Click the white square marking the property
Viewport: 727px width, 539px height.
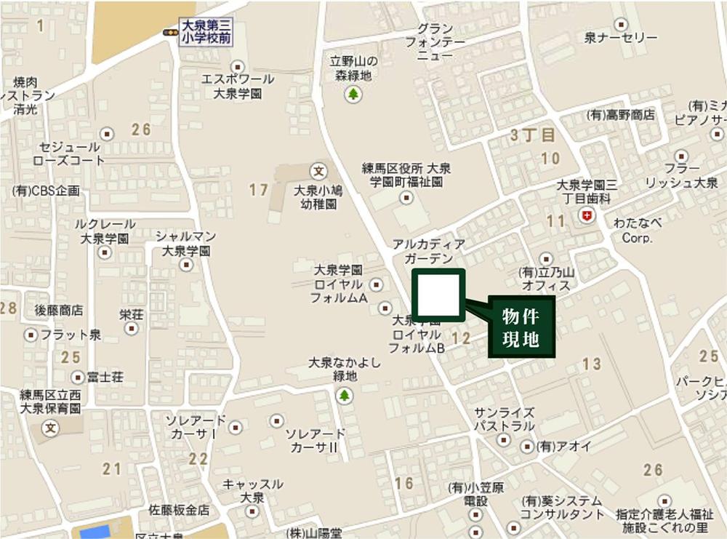(438, 295)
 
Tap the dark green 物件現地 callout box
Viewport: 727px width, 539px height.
(521, 327)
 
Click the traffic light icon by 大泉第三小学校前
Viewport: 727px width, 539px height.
(170, 33)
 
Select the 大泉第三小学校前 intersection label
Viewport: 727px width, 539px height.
(206, 33)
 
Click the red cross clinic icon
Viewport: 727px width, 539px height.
(587, 215)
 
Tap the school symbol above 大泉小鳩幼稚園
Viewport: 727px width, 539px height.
(318, 171)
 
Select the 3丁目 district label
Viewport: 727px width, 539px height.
(532, 135)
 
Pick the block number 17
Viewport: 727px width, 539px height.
(259, 191)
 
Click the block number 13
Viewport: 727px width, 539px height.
(592, 364)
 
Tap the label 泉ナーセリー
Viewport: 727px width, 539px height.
(621, 38)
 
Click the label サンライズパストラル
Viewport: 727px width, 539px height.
(505, 419)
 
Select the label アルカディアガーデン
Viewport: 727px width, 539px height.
(428, 252)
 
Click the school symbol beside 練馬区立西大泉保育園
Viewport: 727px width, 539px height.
(51, 427)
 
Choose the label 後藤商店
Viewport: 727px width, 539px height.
(59, 311)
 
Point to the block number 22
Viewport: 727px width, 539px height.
(198, 459)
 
